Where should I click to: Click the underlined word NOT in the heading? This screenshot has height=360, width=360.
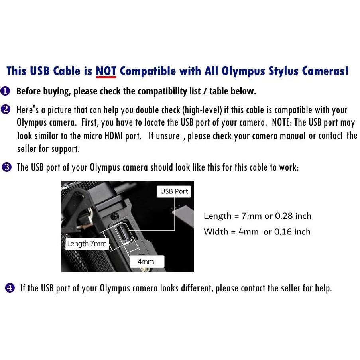tap(106, 71)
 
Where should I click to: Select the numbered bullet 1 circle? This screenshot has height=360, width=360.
tap(5, 91)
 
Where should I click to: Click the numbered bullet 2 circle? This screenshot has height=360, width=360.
tap(6, 110)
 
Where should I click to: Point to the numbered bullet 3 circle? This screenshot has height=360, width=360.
tap(6, 167)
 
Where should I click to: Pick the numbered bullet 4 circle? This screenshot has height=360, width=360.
tap(10, 288)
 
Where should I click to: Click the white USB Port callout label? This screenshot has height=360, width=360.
tap(174, 191)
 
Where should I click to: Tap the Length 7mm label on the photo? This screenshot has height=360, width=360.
tap(87, 244)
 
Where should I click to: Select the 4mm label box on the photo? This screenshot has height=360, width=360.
tap(146, 262)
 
